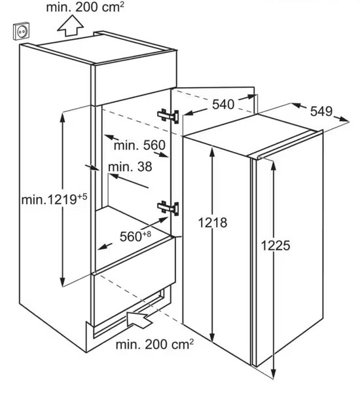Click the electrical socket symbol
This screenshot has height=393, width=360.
[21, 31]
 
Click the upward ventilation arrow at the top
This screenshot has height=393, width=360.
[70, 26]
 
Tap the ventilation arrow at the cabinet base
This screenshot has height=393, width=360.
[139, 319]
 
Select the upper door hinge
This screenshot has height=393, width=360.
[168, 116]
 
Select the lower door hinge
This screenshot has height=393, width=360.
[168, 208]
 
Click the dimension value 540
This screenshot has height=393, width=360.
[223, 104]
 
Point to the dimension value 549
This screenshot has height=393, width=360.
[321, 111]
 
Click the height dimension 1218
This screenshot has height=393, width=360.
[213, 223]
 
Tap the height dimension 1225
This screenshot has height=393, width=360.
[276, 246]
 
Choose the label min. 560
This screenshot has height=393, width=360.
[139, 145]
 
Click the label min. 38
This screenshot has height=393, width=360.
[130, 166]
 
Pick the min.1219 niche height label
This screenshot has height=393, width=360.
[54, 199]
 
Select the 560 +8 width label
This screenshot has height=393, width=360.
[135, 236]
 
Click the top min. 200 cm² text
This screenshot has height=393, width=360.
[85, 7]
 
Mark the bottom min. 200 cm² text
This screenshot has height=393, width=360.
[154, 345]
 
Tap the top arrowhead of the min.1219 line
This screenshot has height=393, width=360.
[62, 118]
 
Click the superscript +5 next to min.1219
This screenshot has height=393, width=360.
[82, 196]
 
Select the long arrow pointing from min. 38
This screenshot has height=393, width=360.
[129, 181]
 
